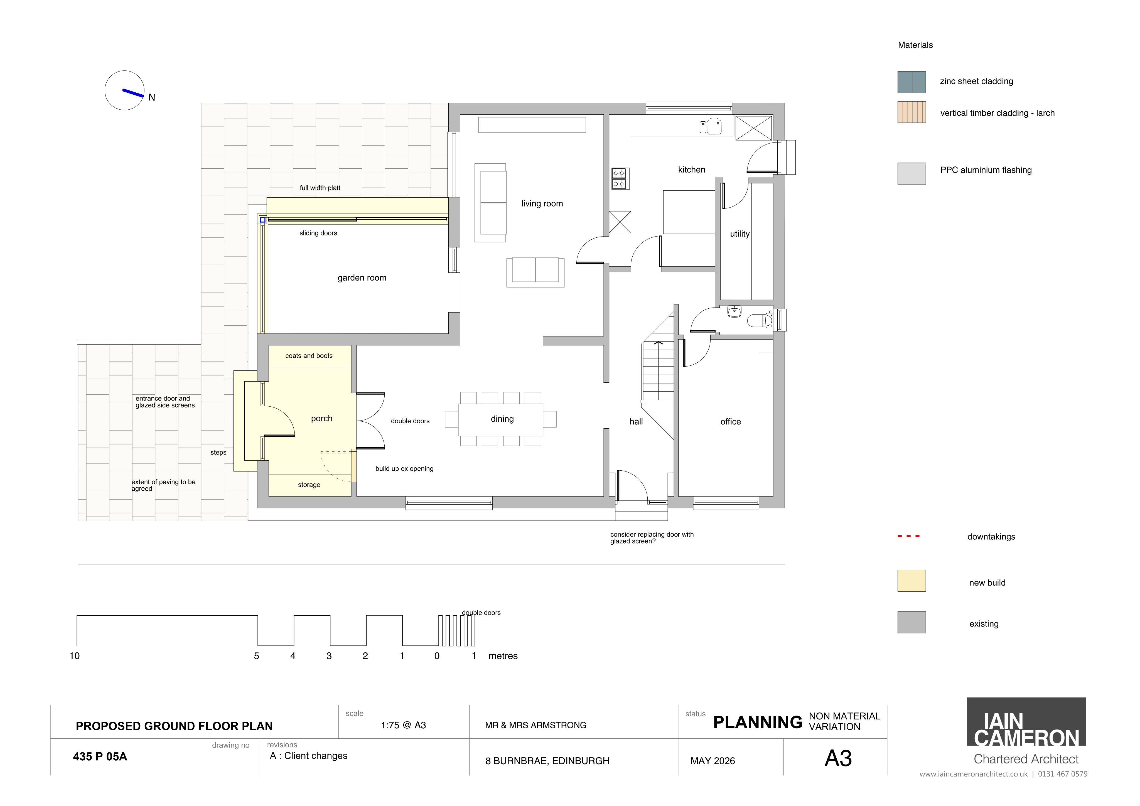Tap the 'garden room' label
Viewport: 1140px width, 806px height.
(362, 278)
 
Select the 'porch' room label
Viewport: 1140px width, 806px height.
(322, 419)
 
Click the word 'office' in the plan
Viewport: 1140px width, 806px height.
(730, 422)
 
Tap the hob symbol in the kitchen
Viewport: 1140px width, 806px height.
(619, 179)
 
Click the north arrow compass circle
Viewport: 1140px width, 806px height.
(125, 90)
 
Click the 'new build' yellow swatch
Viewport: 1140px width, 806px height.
(911, 581)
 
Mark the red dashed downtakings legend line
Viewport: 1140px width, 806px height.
(909, 536)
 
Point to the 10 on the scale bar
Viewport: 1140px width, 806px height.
(75, 656)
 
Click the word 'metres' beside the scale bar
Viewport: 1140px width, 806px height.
(503, 656)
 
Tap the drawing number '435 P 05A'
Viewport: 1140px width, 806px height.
(100, 756)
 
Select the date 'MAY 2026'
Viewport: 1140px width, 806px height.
(712, 761)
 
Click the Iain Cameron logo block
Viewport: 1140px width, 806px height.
(1026, 722)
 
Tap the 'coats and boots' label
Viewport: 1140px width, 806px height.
(309, 356)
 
